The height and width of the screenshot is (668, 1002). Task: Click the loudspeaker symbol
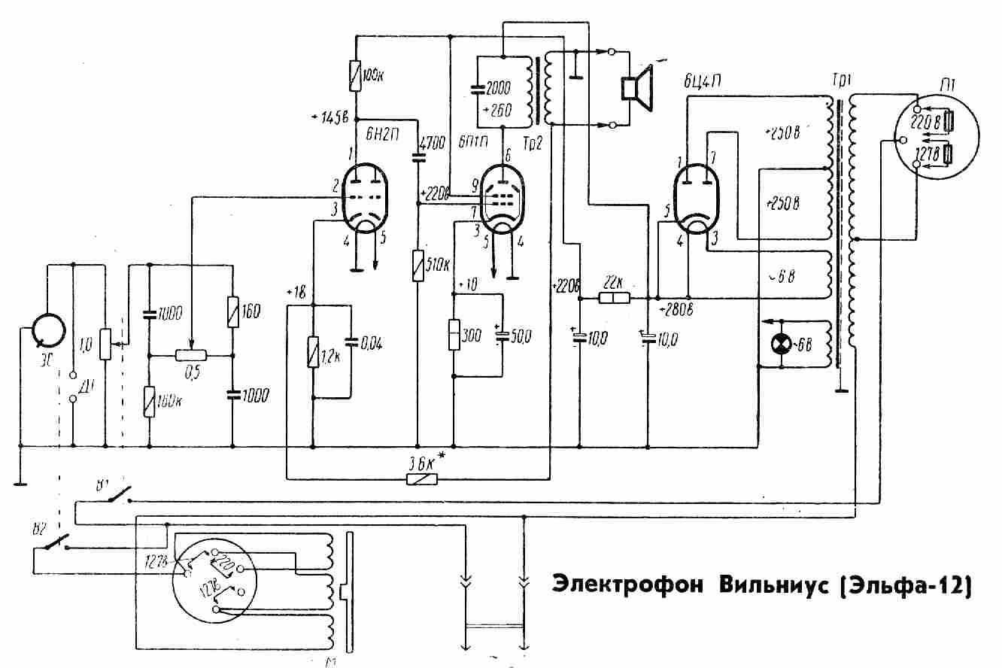[x=635, y=87]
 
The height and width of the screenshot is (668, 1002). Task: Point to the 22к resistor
[x=614, y=298]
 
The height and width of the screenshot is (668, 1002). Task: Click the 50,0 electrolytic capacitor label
[x=518, y=337]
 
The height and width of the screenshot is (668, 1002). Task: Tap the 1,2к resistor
[x=313, y=352]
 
